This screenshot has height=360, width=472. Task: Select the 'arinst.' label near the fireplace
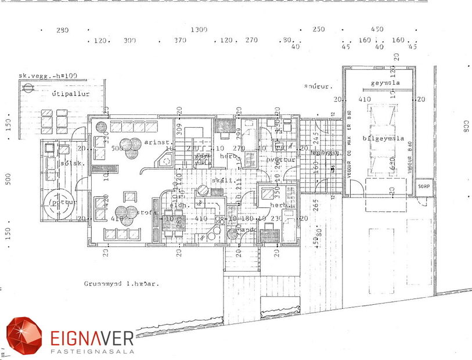(156, 142)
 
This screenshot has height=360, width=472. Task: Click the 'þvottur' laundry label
(282, 160)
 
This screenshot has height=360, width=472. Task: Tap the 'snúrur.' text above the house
(318, 87)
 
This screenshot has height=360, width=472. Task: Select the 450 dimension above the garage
(377, 29)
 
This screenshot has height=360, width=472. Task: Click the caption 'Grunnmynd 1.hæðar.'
(121, 285)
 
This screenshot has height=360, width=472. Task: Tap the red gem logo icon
(24, 336)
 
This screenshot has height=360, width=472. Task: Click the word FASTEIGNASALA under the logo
(92, 351)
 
